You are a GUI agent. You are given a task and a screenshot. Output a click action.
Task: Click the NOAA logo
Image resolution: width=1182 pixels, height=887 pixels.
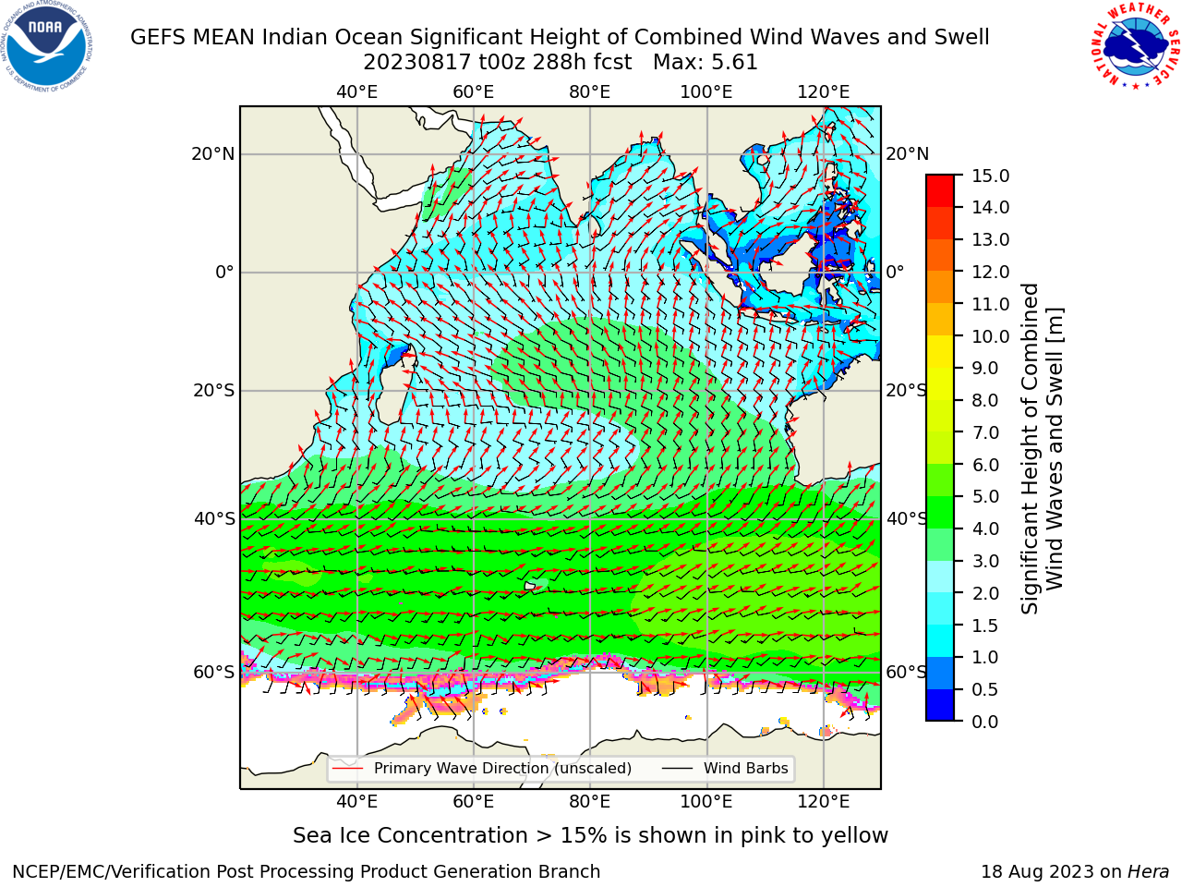coord(46,46)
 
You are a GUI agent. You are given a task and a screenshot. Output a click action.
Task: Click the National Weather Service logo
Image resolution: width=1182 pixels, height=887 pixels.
coord(1136,46)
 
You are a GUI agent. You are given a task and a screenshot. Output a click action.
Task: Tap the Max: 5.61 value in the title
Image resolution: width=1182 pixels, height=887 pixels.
coord(705,63)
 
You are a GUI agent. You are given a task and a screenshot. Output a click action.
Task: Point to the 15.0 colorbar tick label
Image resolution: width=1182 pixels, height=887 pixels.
coord(990,176)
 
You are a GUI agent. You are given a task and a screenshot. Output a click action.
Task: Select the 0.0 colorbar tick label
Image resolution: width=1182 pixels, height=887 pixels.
coord(985,722)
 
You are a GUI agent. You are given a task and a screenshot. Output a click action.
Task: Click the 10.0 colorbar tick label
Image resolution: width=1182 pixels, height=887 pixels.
coord(990,336)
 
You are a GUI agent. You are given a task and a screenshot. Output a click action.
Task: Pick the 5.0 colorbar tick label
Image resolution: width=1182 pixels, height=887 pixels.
coord(985,496)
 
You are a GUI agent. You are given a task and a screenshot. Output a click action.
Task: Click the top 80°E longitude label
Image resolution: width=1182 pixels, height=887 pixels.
coord(590,92)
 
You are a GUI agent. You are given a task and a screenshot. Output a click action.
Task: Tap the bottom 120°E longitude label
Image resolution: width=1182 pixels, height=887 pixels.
coord(824,802)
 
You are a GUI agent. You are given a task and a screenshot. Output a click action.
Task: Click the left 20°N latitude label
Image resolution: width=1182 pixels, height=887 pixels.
coord(213,154)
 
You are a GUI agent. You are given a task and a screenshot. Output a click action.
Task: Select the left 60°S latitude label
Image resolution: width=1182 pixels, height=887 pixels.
coord(214,672)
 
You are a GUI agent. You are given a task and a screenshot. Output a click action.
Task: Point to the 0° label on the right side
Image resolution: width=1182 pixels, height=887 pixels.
coord(895,272)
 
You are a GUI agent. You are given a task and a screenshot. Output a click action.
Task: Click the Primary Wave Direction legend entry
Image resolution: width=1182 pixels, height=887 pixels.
coord(482,768)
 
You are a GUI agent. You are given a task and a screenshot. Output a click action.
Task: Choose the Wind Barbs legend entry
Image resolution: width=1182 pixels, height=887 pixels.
coord(725,768)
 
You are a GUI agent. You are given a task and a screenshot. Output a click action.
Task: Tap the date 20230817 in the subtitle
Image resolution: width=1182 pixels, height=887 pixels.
coord(417,63)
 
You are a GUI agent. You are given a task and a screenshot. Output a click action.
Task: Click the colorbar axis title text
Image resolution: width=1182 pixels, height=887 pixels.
coord(1042,448)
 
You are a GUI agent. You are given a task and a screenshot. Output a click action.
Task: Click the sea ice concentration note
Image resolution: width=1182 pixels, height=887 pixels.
coord(590,836)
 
